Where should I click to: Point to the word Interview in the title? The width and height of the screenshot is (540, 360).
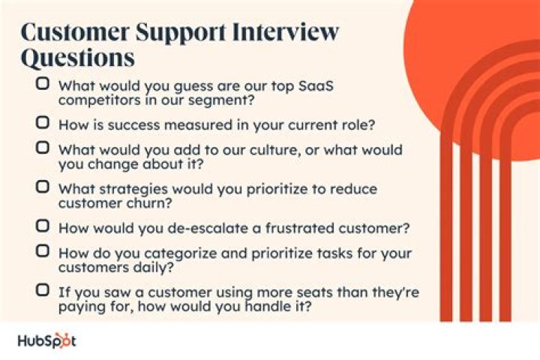(282, 32)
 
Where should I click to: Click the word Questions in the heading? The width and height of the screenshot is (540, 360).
(78, 58)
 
